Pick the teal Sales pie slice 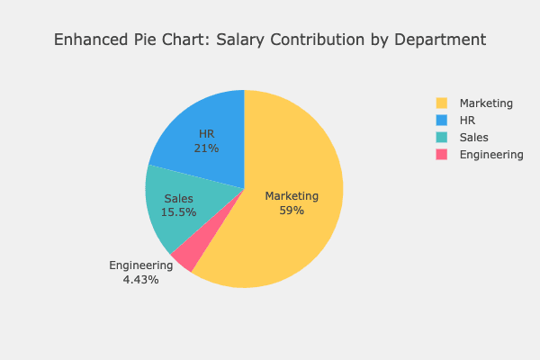(x=171, y=225)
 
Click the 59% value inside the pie (x=292, y=211)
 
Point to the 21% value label (x=206, y=148)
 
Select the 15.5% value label (x=178, y=212)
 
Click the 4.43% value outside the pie (x=140, y=280)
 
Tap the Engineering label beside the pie (x=140, y=265)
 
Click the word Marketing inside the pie (x=292, y=196)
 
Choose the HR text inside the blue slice (x=206, y=134)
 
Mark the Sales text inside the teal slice (x=178, y=199)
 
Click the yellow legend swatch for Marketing (x=441, y=103)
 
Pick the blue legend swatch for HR (x=441, y=121)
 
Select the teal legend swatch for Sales (x=441, y=138)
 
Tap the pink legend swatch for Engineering (x=441, y=155)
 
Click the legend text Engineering (x=491, y=155)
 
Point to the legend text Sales (x=473, y=138)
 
